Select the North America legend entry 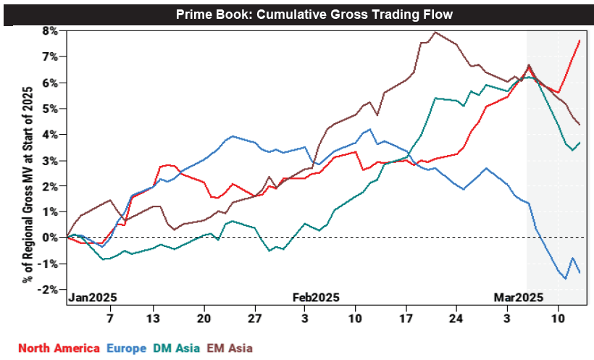(x=59, y=348)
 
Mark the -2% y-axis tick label (x=49, y=290)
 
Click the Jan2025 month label (x=93, y=297)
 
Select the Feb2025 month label (x=315, y=297)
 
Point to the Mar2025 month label (x=518, y=297)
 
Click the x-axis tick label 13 (x=154, y=318)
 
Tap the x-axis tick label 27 (x=254, y=318)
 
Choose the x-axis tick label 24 (x=455, y=318)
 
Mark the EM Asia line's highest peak (x=434, y=32)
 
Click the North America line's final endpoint (x=580, y=41)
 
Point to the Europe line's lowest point (x=565, y=278)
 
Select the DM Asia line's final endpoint (x=580, y=143)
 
